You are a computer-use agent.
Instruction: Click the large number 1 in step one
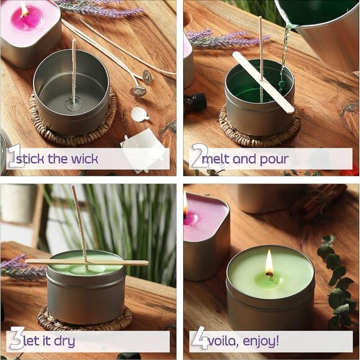13,157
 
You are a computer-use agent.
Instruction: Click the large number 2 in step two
197,157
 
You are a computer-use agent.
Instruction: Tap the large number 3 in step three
14,340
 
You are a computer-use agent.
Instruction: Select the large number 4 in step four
198,340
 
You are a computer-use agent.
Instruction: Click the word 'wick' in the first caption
84,158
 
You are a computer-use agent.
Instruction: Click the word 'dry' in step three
63,341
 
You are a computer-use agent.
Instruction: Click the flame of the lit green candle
269,263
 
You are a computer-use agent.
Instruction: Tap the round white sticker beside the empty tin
139,114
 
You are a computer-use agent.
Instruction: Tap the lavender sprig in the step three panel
19,267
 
